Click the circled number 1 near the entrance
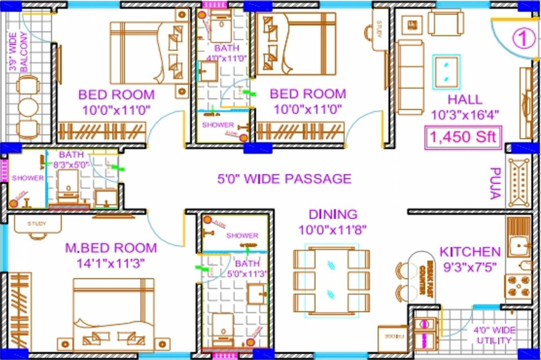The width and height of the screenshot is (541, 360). click(524, 39)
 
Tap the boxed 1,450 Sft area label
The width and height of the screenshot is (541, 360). click(463, 138)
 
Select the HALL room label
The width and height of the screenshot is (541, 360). click(465, 99)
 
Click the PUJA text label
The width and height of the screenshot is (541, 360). click(495, 183)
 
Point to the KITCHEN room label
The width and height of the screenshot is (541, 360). click(470, 252)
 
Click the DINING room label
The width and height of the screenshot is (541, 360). click(332, 215)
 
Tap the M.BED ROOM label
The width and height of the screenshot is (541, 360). click(111, 248)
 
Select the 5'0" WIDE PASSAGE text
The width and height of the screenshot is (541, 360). click(284, 179)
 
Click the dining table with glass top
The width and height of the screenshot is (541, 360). click(332, 280)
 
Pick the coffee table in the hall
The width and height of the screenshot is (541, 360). click(447, 71)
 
